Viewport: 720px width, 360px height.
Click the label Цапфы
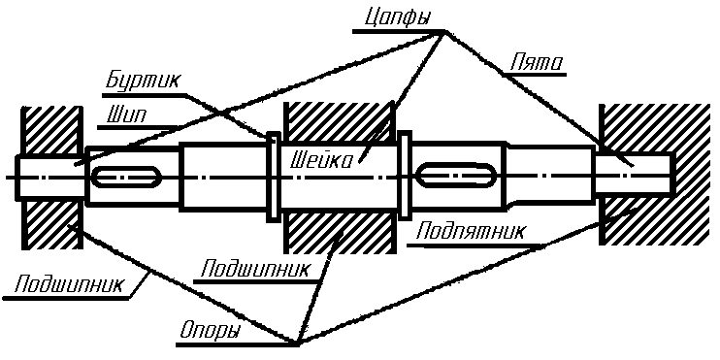point(392,19)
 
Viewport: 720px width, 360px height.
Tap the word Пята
point(537,65)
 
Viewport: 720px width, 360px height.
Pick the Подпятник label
point(471,232)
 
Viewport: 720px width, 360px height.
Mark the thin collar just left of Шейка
point(273,176)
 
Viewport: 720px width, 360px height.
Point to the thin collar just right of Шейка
point(406,176)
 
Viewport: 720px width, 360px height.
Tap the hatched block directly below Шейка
point(338,233)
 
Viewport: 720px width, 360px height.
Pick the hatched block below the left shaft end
point(54,223)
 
